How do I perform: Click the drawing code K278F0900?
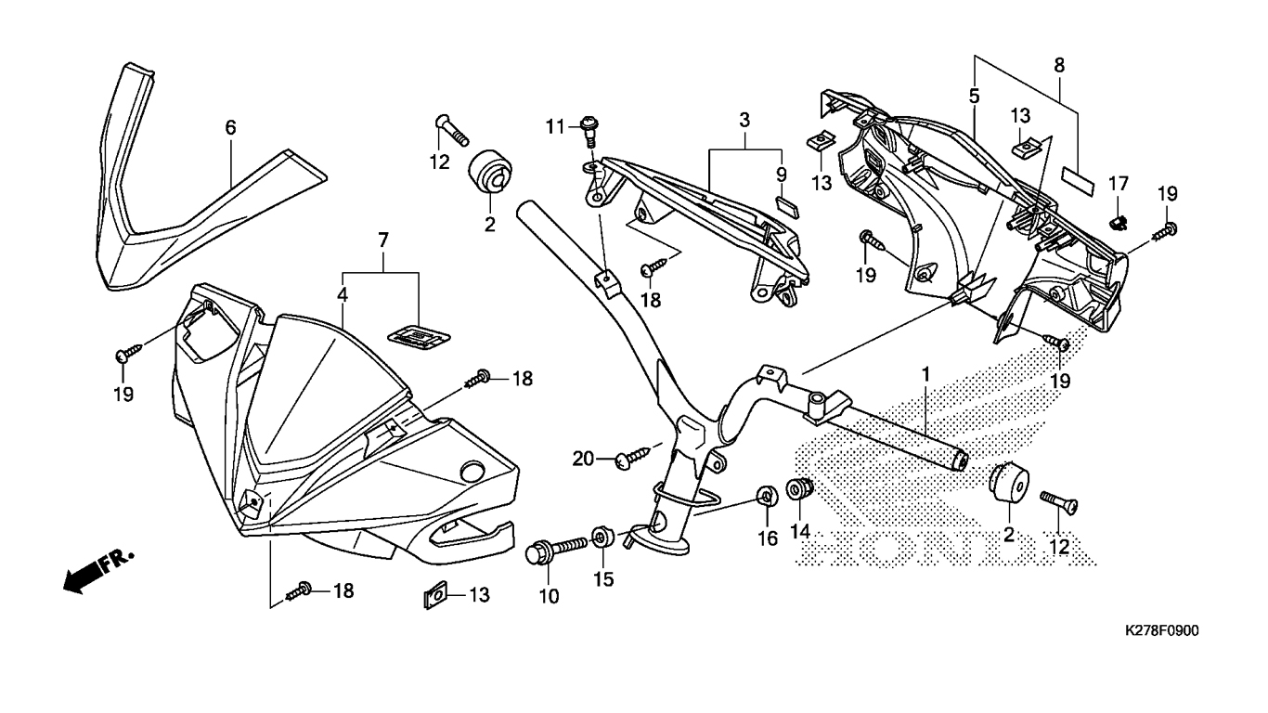click(1161, 631)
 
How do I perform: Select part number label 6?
click(230, 128)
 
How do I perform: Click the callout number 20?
click(582, 458)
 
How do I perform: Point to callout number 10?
click(550, 596)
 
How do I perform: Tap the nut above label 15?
click(601, 537)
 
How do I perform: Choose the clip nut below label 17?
click(1120, 219)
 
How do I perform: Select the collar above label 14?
click(799, 486)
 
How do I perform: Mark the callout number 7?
click(382, 241)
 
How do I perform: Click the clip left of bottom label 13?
click(433, 594)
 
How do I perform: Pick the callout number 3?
click(744, 120)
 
